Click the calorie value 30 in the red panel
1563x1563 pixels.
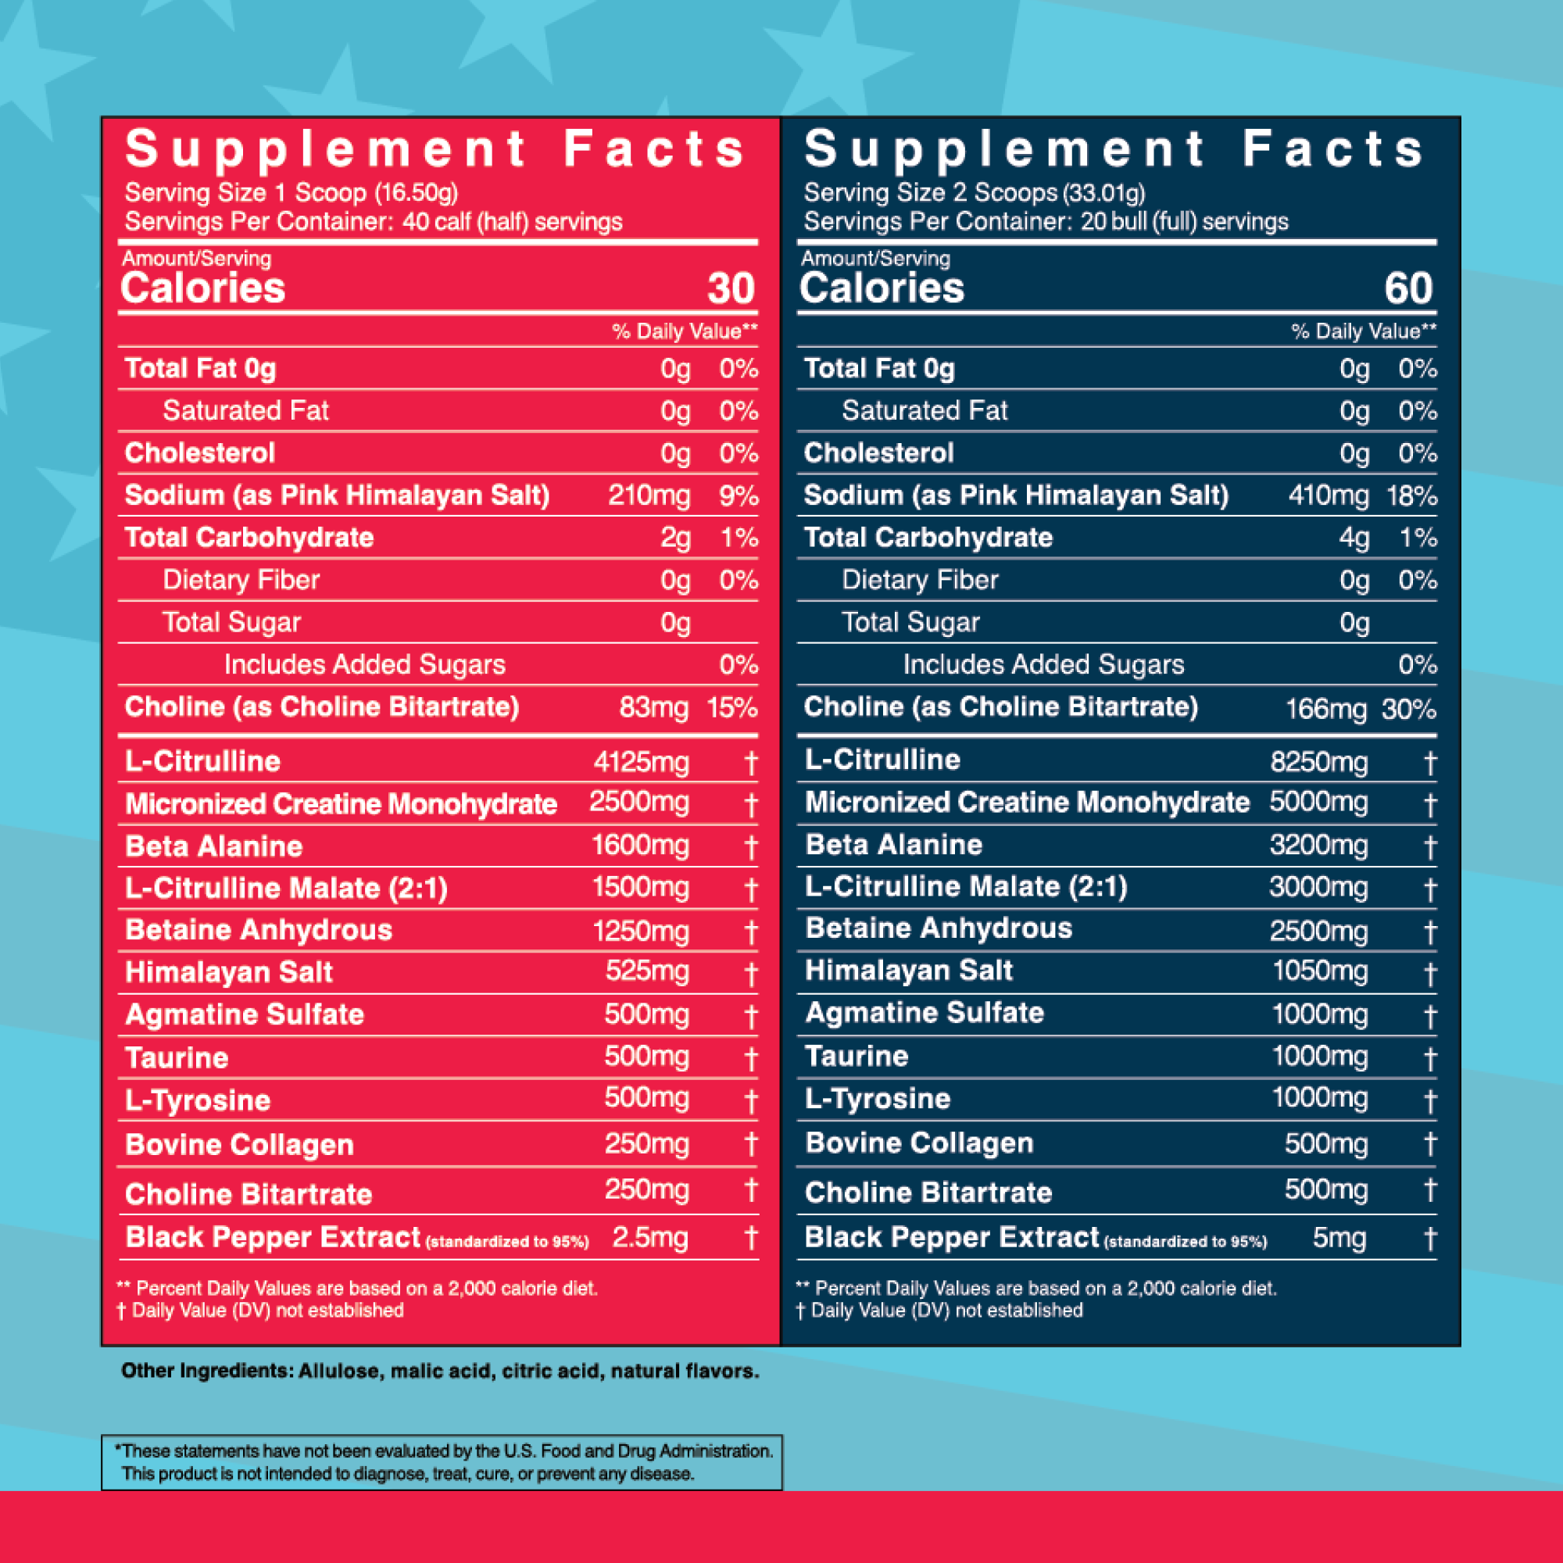tap(731, 289)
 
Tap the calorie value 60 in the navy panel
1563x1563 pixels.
tap(1408, 289)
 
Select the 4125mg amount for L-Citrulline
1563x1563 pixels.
tap(641, 762)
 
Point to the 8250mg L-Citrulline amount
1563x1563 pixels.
tap(1318, 762)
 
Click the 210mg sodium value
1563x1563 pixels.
tap(649, 495)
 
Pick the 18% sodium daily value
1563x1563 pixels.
tap(1411, 495)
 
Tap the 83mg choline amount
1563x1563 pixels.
tap(653, 708)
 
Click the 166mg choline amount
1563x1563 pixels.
tap(1326, 710)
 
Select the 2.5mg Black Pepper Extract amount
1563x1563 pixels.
tap(649, 1238)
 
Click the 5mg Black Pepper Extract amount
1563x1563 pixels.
tap(1339, 1238)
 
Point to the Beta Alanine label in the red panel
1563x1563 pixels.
tap(213, 846)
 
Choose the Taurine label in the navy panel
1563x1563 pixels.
tap(857, 1056)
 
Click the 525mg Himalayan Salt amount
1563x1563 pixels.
tap(647, 971)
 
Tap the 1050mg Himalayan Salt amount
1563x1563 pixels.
tap(1319, 971)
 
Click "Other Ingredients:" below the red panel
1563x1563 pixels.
tap(206, 1372)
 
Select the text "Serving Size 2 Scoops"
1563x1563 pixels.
tap(930, 192)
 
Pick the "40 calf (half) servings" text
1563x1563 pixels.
tap(512, 222)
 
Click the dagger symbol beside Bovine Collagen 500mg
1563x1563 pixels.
tap(1430, 1144)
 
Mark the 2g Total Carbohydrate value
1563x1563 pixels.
tap(675, 538)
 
